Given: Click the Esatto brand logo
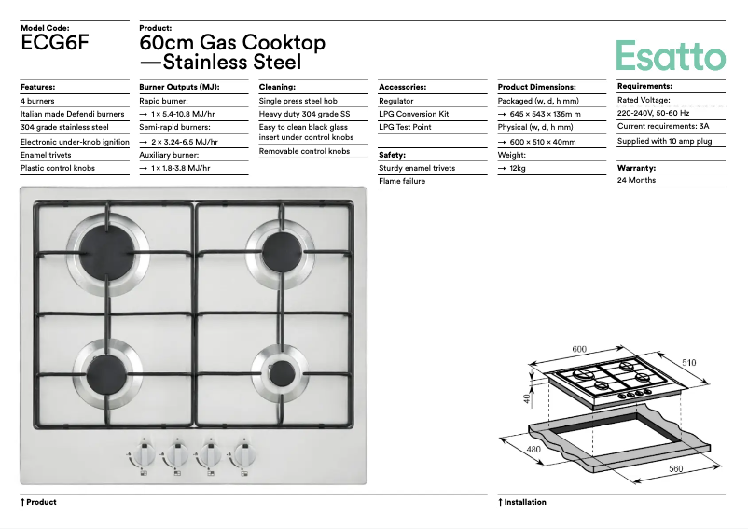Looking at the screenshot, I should (x=670, y=55).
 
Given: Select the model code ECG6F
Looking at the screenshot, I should (x=55, y=42).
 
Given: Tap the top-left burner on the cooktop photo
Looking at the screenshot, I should (x=107, y=249).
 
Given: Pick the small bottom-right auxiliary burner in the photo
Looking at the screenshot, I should (x=275, y=364).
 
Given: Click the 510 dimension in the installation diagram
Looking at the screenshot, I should (x=689, y=362).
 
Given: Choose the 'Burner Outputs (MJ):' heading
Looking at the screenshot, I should (x=179, y=87).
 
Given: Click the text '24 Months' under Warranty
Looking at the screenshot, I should (x=636, y=180).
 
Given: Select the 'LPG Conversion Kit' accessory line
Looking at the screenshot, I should (x=414, y=114).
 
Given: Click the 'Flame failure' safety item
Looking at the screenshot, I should (x=402, y=181).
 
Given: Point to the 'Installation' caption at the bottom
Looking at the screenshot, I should (x=524, y=502).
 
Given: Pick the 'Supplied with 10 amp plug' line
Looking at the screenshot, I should (x=664, y=141).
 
